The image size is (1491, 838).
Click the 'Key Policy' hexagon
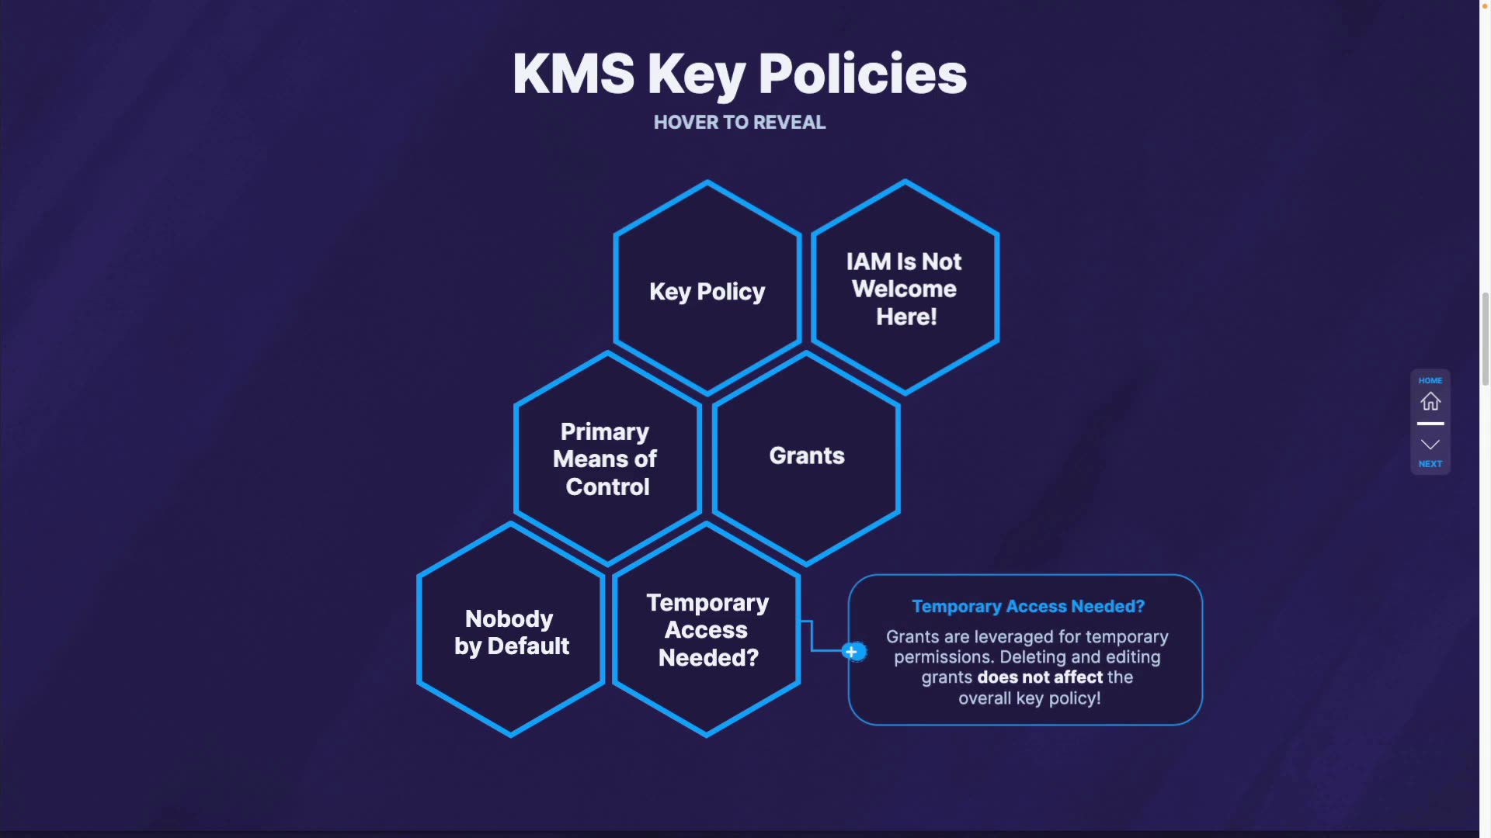[x=707, y=291]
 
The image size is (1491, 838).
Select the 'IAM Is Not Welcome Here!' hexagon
[x=905, y=288]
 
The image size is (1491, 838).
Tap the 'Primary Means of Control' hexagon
[x=606, y=459]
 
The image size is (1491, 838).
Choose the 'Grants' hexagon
[x=806, y=455]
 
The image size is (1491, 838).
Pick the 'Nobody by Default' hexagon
[x=510, y=632]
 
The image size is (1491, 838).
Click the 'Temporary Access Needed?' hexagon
[x=707, y=629]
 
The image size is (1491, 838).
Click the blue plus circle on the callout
[x=852, y=652]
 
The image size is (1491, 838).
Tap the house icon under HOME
[x=1430, y=401]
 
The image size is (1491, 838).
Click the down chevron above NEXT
[x=1430, y=445]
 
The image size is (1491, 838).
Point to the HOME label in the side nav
[x=1430, y=380]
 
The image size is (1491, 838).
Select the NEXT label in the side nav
[x=1430, y=464]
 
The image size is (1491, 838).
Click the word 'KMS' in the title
[x=573, y=74]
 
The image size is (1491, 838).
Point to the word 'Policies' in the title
[x=862, y=74]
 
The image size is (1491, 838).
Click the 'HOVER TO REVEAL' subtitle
[x=739, y=123]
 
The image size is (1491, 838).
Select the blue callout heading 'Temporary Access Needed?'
[x=1027, y=606]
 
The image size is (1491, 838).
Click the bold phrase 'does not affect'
[x=1040, y=677]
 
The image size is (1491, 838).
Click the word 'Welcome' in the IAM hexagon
[x=904, y=289]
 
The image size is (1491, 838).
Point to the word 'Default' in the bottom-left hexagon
[x=528, y=646]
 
